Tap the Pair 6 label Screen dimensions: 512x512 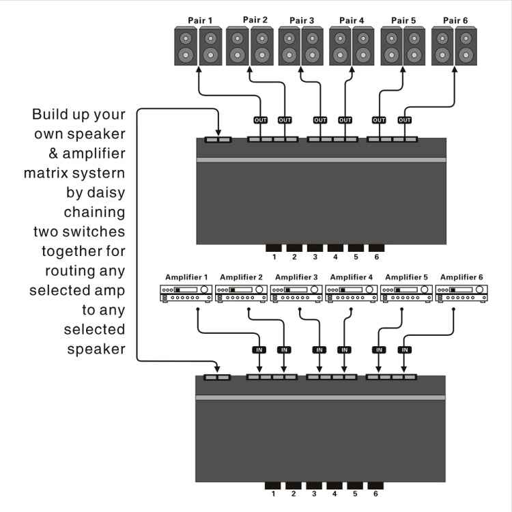pyautogui.click(x=455, y=20)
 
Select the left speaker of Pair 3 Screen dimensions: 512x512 pyautogui.click(x=289, y=47)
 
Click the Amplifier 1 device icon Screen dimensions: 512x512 pyautogui.click(x=186, y=294)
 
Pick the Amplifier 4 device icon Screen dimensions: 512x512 pyautogui.click(x=352, y=294)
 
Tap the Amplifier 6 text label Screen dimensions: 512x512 pyautogui.click(x=462, y=276)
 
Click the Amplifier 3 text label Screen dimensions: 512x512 pyautogui.click(x=296, y=276)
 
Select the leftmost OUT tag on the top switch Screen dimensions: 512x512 pyautogui.click(x=260, y=120)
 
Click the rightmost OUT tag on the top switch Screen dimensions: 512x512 pyautogui.click(x=405, y=120)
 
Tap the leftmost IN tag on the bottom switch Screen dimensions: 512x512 pyautogui.click(x=259, y=350)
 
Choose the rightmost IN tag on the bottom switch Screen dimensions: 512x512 pyautogui.click(x=405, y=350)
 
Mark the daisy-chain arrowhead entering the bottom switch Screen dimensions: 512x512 pyautogui.click(x=218, y=370)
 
